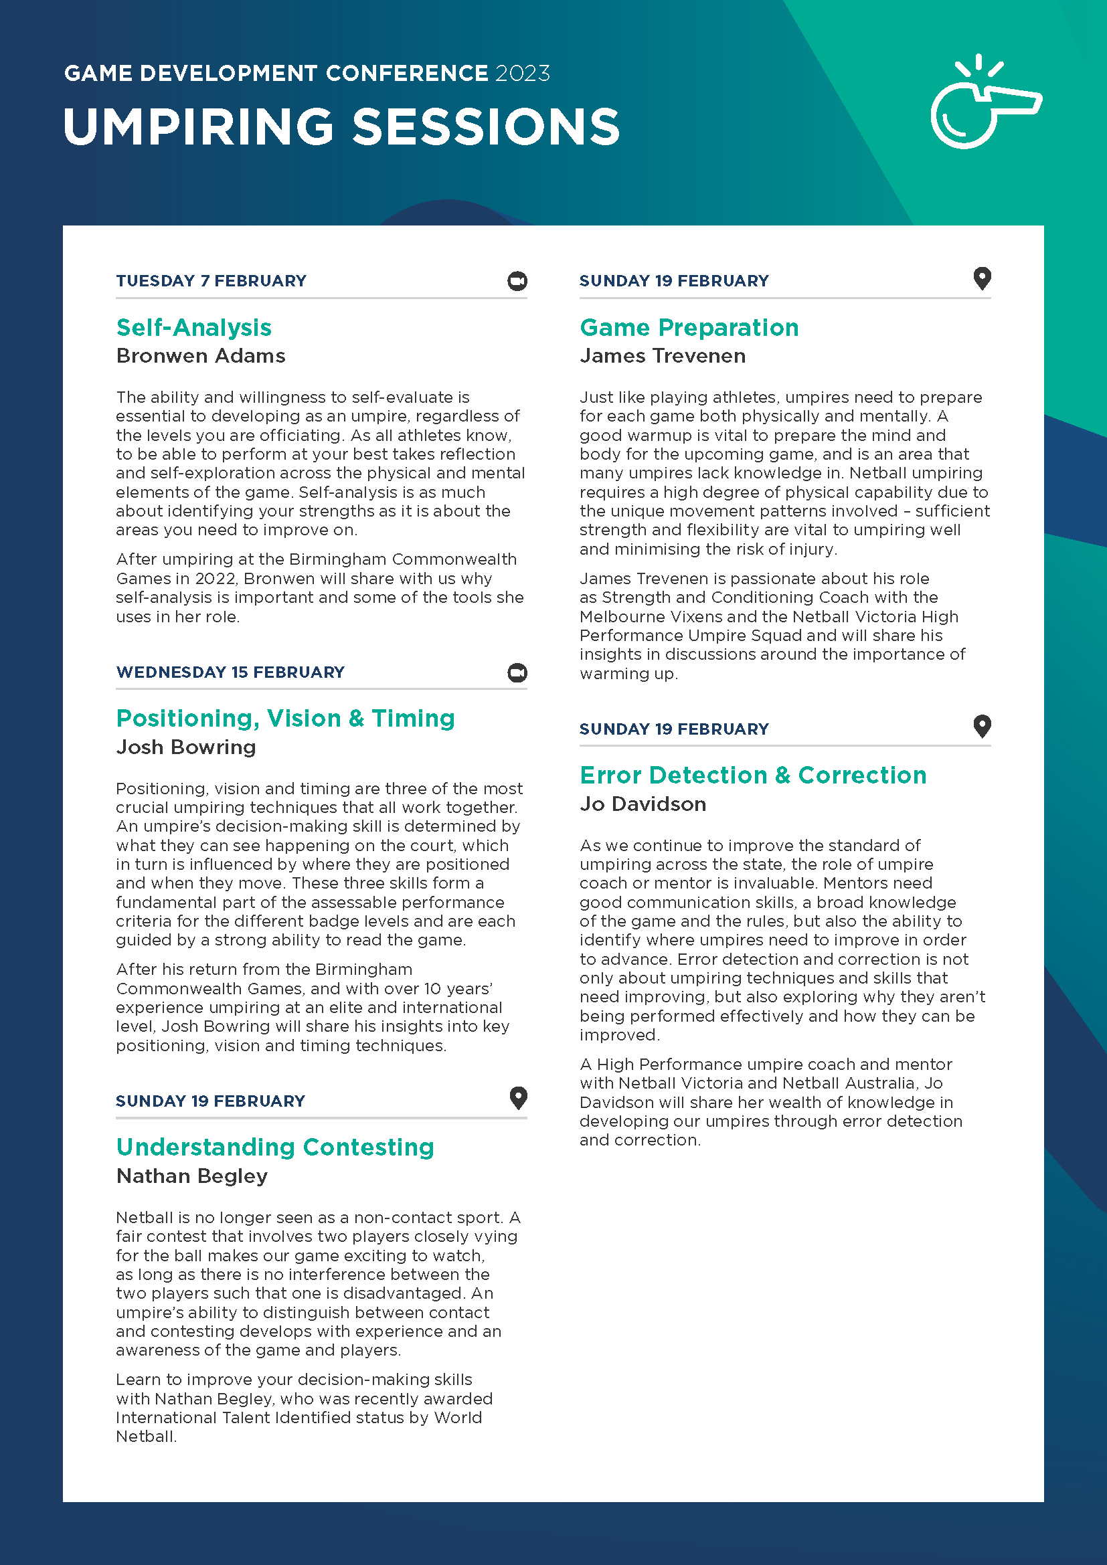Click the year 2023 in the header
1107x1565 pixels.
(x=522, y=74)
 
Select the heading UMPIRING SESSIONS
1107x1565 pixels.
(x=341, y=128)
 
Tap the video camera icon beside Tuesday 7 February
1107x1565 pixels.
(x=517, y=281)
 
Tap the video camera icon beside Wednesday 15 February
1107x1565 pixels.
(x=517, y=672)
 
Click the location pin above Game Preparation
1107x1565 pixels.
(x=982, y=278)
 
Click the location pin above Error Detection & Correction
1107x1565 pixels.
(x=982, y=726)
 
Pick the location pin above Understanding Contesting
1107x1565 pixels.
(x=518, y=1097)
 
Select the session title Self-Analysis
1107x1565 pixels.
(x=193, y=328)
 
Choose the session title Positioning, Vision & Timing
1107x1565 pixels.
(x=285, y=719)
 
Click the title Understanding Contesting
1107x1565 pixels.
(x=274, y=1147)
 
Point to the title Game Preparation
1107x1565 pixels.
(x=689, y=328)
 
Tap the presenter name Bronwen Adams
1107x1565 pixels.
(x=200, y=356)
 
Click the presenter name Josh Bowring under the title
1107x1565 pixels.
(x=185, y=747)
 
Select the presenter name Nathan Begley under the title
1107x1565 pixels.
(x=191, y=1176)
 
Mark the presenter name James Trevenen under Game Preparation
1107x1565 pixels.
(x=662, y=356)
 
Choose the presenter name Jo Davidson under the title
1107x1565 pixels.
(x=642, y=804)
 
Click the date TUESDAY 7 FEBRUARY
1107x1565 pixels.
(x=211, y=281)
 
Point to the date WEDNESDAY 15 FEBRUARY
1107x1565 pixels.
(x=230, y=672)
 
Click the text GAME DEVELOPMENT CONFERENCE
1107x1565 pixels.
(x=276, y=74)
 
